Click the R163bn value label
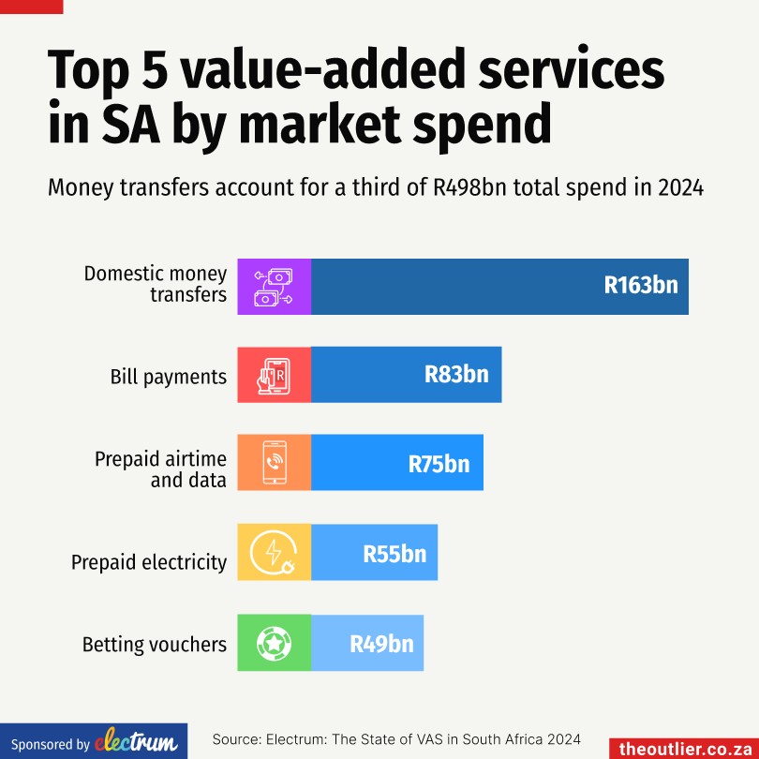(640, 286)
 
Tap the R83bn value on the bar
(456, 375)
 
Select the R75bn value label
(439, 463)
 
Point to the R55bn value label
(394, 553)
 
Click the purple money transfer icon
(274, 286)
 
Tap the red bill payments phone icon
(274, 375)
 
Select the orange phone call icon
(274, 462)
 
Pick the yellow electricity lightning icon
(274, 553)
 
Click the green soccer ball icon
(274, 643)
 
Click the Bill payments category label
(169, 377)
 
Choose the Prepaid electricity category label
(149, 562)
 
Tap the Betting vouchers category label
(155, 645)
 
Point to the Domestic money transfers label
(156, 284)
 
